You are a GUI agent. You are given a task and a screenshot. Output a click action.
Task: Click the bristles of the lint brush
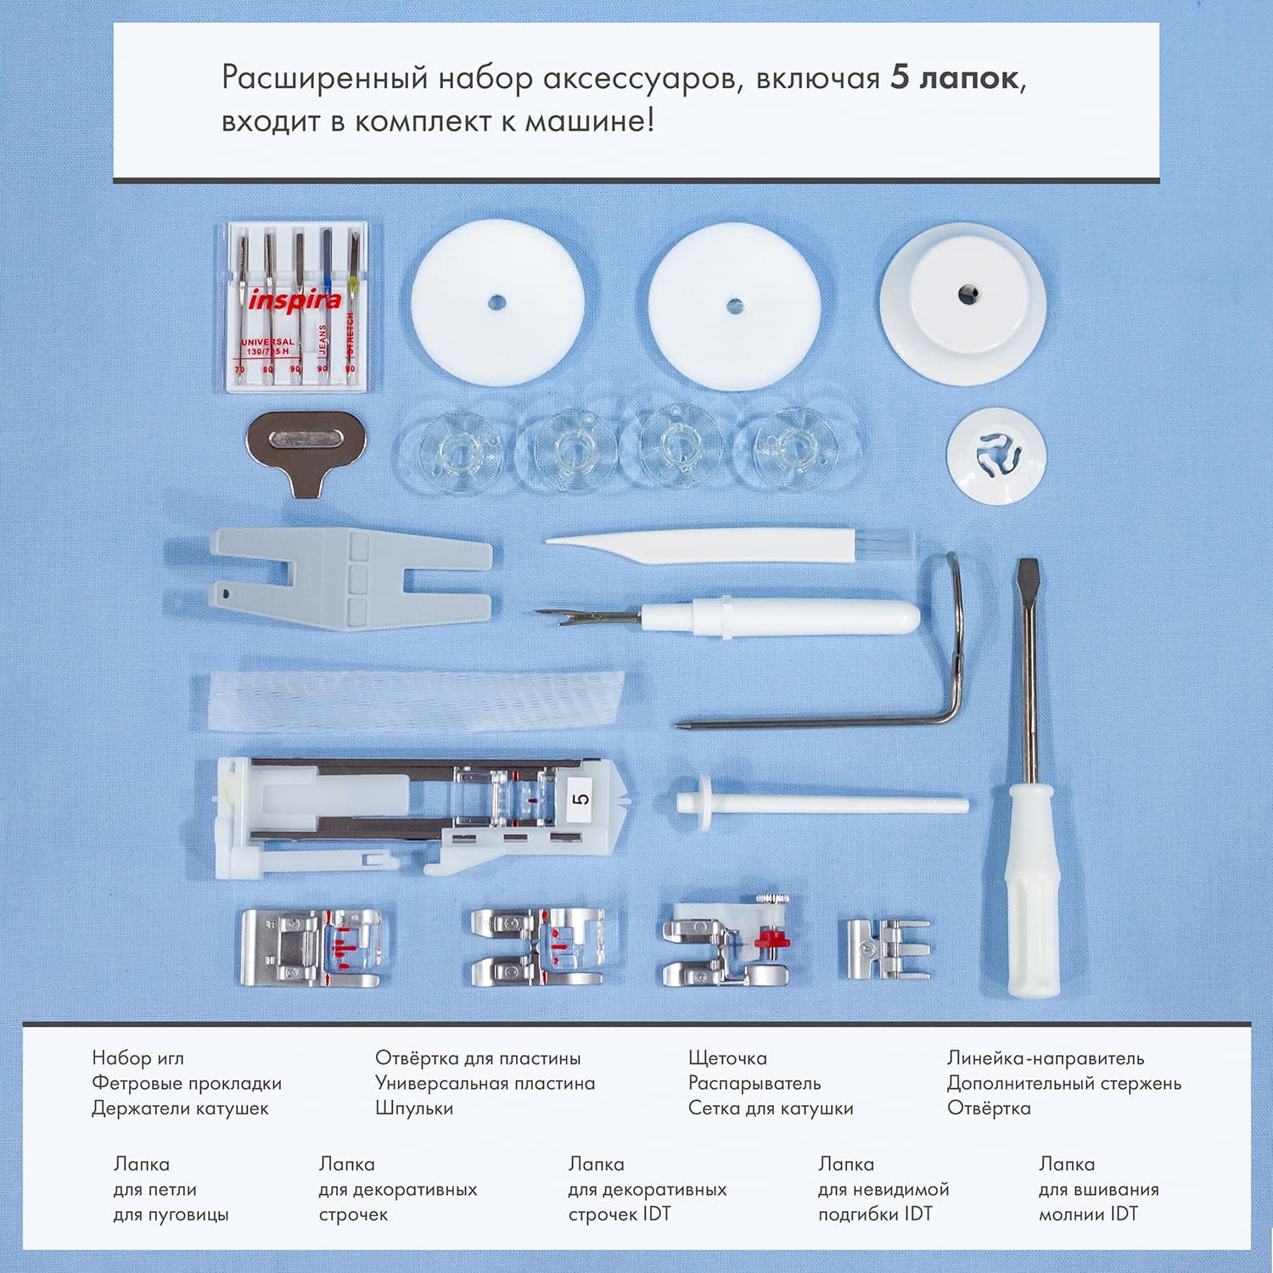[887, 543]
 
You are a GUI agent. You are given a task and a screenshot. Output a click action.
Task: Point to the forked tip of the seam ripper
[553, 618]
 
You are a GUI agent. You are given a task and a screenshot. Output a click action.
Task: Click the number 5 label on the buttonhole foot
[580, 799]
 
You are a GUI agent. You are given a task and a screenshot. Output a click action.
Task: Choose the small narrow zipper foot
[883, 949]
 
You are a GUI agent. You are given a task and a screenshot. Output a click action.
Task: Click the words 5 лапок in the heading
[954, 78]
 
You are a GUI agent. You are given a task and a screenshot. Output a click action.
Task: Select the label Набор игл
[137, 1058]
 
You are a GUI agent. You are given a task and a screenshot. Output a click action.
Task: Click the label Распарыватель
[754, 1083]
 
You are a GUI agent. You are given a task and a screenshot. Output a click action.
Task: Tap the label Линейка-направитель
[1045, 1058]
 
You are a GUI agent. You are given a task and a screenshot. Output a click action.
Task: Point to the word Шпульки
[413, 1108]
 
